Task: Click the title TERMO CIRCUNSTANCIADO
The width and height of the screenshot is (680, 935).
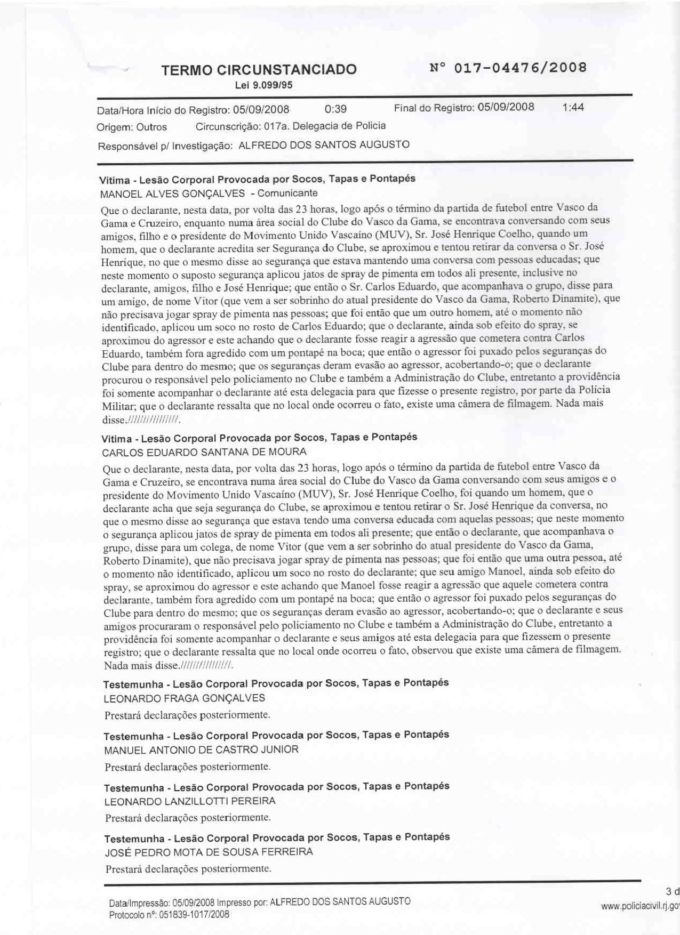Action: click(x=259, y=70)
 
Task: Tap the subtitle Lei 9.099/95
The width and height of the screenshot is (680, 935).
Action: click(x=263, y=85)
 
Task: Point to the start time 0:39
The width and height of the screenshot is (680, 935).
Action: click(x=335, y=109)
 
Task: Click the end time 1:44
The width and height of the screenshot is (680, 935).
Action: click(x=573, y=107)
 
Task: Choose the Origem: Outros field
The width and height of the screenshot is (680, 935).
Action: click(x=132, y=127)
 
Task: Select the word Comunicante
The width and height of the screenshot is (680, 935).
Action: click(x=287, y=193)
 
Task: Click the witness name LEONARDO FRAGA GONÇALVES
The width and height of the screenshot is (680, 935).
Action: click(x=185, y=698)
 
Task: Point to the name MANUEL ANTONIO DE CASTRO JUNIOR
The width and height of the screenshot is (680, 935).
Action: click(x=202, y=750)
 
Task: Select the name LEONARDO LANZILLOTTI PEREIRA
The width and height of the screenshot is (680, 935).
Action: click(x=190, y=801)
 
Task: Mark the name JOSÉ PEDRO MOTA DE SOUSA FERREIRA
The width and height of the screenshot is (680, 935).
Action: click(x=209, y=852)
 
